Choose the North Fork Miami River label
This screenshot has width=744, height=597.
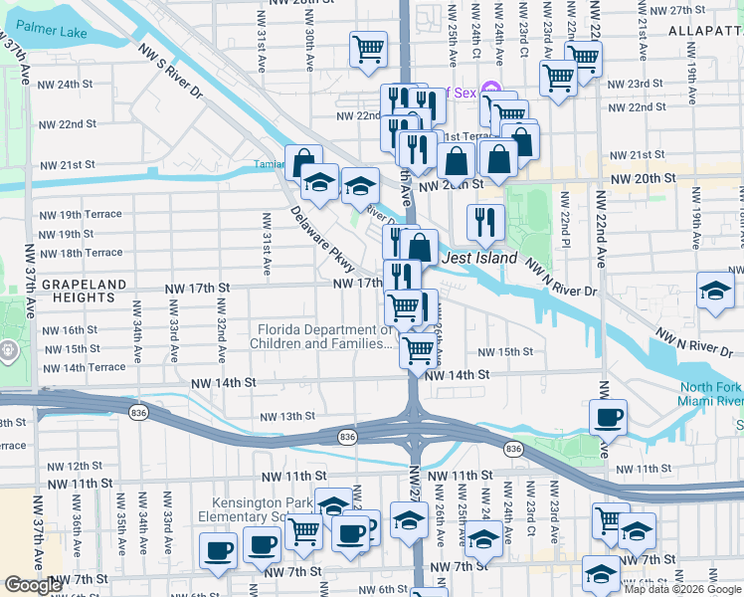(x=710, y=394)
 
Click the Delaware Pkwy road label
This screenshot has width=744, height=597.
(x=323, y=239)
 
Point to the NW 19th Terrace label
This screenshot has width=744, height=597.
(x=80, y=215)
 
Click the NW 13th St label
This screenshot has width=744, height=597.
(x=287, y=417)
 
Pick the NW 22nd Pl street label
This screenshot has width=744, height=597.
(x=564, y=218)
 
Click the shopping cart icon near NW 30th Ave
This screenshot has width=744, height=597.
(x=368, y=49)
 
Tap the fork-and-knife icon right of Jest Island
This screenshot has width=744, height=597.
(x=484, y=221)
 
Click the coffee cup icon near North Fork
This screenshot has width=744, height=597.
(x=607, y=416)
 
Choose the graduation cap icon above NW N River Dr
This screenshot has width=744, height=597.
(x=714, y=291)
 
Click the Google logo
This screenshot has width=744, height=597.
(x=33, y=585)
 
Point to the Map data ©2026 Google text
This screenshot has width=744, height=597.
(x=681, y=589)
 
